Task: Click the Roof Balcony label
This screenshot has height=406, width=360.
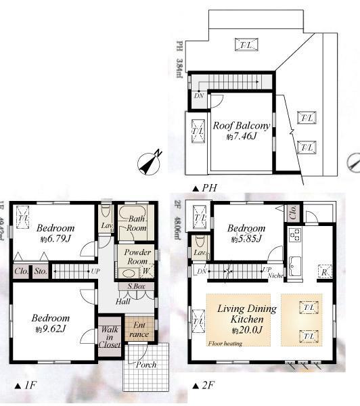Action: coord(242,126)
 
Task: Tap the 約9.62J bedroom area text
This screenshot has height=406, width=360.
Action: coord(49,328)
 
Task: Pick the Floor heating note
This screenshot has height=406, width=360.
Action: coord(225,343)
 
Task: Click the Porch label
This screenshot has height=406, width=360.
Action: coord(146,365)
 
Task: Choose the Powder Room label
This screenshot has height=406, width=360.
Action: coord(136,256)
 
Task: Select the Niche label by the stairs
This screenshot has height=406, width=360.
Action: coord(275,275)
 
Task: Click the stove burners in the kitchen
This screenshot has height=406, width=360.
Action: coord(295,235)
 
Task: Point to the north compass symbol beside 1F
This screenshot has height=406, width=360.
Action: coord(149,163)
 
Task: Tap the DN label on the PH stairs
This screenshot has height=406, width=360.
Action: coord(198,97)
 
